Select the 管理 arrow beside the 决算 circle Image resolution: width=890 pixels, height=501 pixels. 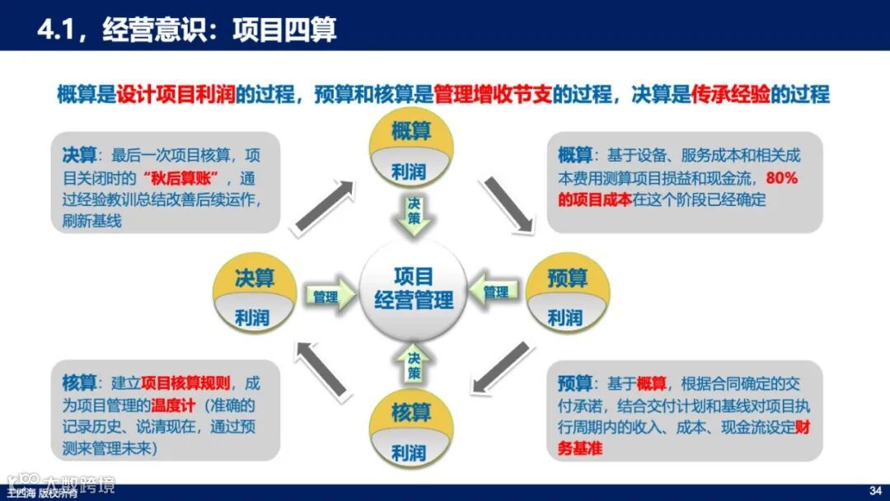click(x=326, y=296)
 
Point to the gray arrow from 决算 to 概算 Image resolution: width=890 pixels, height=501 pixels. click(x=323, y=202)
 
